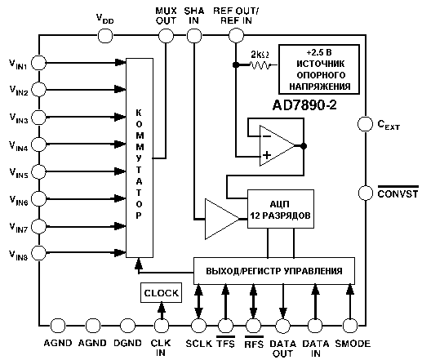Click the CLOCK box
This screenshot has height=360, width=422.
[x=161, y=293]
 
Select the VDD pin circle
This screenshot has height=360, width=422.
[x=105, y=36]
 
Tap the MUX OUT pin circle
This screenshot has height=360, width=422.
[x=166, y=36]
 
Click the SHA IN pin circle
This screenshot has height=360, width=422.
[x=194, y=36]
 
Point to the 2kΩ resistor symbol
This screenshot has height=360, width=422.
[x=260, y=65]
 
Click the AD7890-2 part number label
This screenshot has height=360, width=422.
[x=304, y=105]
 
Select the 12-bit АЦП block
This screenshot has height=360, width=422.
[x=281, y=209]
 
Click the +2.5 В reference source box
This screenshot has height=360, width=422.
[x=319, y=69]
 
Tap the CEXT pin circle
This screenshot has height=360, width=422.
[x=365, y=124]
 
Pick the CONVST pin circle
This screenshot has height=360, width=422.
[x=366, y=193]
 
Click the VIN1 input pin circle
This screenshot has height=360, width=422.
[x=39, y=63]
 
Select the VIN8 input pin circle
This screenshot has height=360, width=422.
[x=39, y=252]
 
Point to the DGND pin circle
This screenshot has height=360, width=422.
[x=127, y=326]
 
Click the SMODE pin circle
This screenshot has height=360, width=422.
[x=349, y=326]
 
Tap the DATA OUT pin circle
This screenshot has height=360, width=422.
[x=283, y=326]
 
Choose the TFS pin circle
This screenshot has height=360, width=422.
[x=225, y=326]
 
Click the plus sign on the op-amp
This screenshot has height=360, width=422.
[x=267, y=155]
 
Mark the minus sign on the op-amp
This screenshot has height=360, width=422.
[x=267, y=136]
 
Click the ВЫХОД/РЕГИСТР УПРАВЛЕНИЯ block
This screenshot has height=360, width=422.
[x=274, y=271]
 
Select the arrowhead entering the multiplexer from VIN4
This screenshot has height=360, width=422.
[x=120, y=144]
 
